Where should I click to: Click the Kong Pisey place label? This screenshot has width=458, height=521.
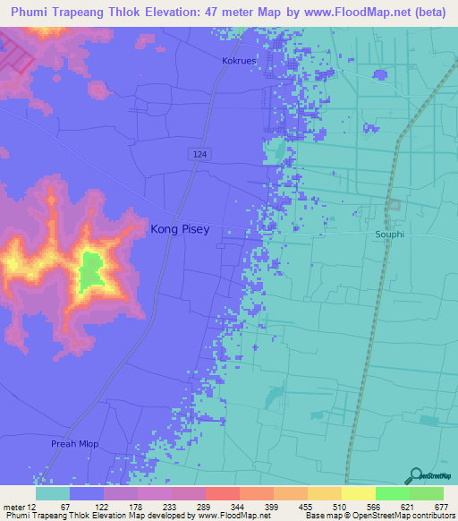click(180, 229)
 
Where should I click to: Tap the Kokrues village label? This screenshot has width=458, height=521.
click(239, 61)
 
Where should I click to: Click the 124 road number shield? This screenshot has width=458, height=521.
click(199, 155)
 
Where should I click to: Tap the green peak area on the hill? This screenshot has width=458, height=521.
click(90, 272)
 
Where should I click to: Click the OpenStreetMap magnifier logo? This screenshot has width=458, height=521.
click(415, 475)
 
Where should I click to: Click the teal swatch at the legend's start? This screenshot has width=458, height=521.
click(53, 493)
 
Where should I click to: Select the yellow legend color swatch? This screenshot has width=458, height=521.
click(358, 493)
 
